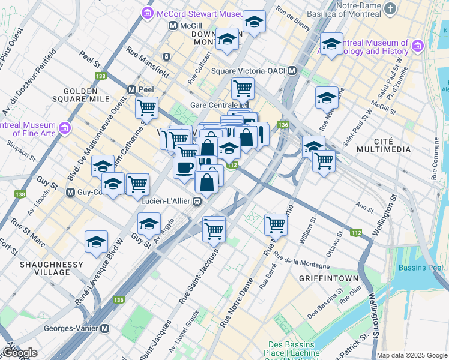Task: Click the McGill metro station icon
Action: pyautogui.click(x=173, y=26)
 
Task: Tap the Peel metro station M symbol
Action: pyautogui.click(x=131, y=89)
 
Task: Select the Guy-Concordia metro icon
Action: pyautogui.click(x=71, y=193)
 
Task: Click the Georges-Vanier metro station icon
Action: pyautogui.click(x=105, y=329)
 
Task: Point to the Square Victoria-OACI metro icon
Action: pyautogui.click(x=292, y=71)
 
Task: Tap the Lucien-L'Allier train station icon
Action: pyautogui.click(x=196, y=202)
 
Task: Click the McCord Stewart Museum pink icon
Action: pyautogui.click(x=147, y=13)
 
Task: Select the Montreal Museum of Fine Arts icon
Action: pyautogui.click(x=65, y=128)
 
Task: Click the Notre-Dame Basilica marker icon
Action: pyautogui.click(x=391, y=8)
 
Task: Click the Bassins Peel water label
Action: pyautogui.click(x=427, y=249)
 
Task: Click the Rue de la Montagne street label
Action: pyautogui.click(x=301, y=262)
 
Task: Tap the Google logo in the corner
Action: pyautogui.click(x=20, y=353)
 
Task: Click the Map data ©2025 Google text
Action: pyautogui.click(x=412, y=355)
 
